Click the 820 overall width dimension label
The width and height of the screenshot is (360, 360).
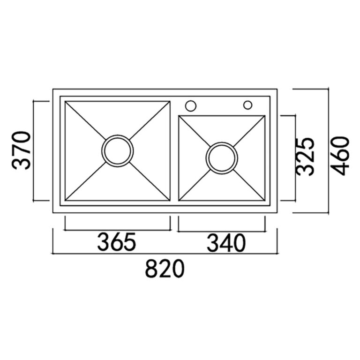[x=165, y=269]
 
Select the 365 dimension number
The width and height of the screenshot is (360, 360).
[x=117, y=242]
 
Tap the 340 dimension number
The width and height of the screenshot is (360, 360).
[x=226, y=243]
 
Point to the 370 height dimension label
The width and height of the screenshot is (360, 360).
[x=21, y=150]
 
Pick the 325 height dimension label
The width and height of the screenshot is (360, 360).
[x=305, y=157]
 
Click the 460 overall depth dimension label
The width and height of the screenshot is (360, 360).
[x=341, y=156]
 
